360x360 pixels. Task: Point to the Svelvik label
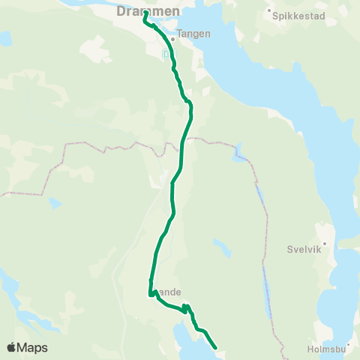304,251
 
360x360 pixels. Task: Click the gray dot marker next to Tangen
173,38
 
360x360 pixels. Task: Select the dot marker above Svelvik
325,244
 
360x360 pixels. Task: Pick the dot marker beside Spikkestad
270,11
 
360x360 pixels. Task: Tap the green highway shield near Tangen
166,53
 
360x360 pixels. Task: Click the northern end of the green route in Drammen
144,13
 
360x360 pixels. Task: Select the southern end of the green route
215,347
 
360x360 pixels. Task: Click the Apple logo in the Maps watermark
11,347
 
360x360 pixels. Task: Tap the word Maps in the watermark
33,348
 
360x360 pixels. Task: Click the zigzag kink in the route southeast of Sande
185,307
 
